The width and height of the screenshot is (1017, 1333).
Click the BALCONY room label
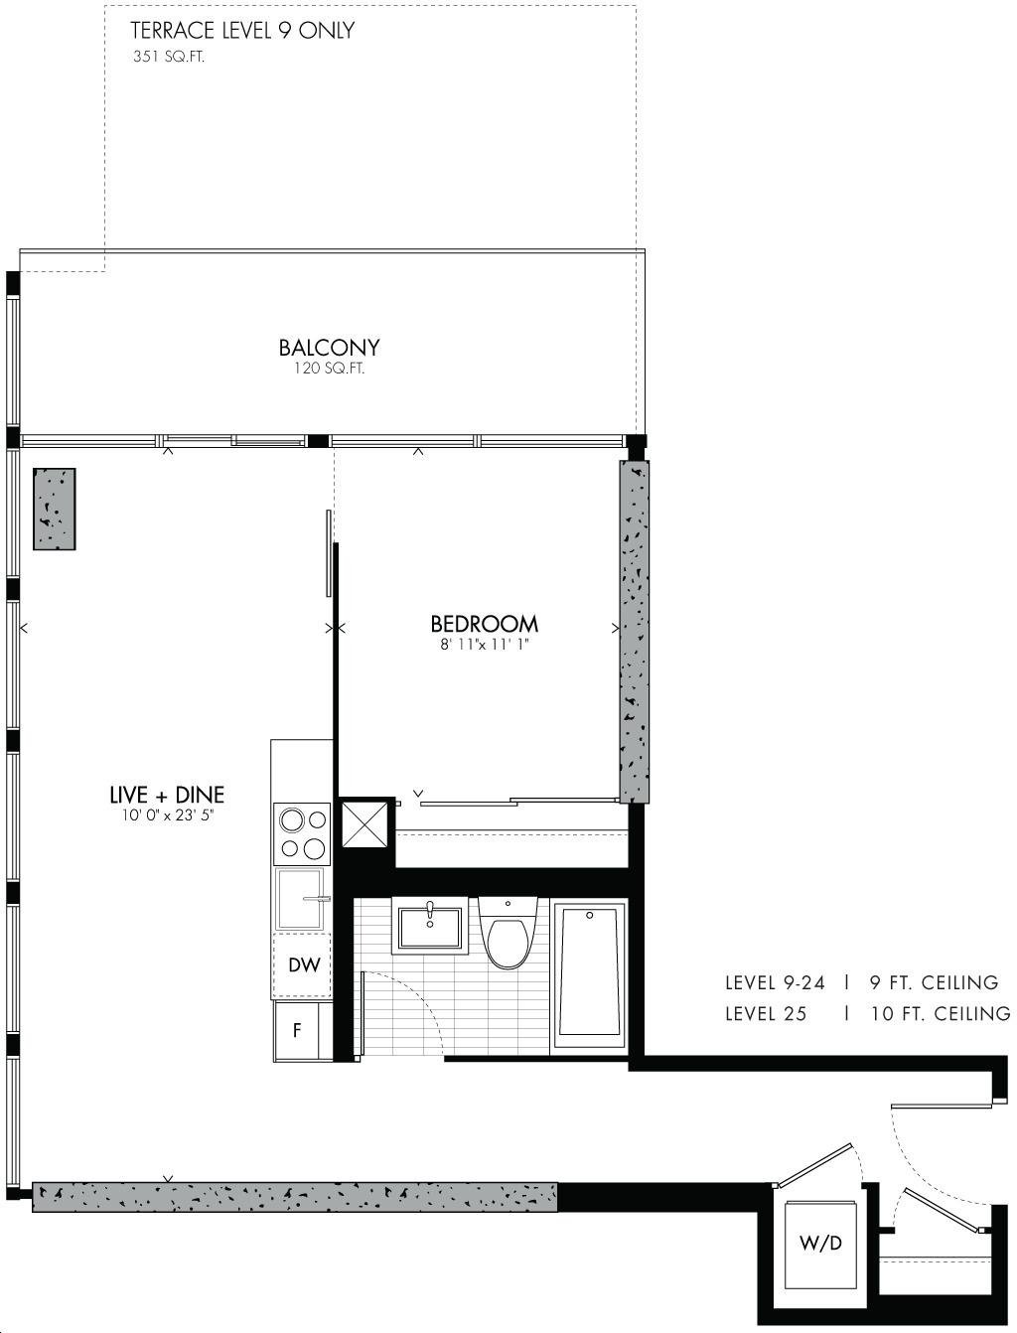click(x=329, y=348)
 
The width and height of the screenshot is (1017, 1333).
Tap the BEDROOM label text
click(x=484, y=625)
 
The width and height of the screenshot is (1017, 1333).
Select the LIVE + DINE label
click(x=167, y=795)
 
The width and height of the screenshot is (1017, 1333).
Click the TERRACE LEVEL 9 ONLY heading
click(x=242, y=31)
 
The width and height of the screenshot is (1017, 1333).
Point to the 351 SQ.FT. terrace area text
click(x=169, y=57)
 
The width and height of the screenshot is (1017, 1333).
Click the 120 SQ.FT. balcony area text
click(x=330, y=369)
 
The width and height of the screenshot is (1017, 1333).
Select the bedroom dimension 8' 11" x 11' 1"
click(x=485, y=645)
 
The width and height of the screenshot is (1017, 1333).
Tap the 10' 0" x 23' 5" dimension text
click(x=168, y=815)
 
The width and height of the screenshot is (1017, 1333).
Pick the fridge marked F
click(x=296, y=1031)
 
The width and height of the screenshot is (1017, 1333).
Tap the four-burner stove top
click(x=302, y=833)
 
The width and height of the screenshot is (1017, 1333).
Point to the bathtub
click(x=589, y=978)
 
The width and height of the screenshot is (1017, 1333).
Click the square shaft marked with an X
click(x=364, y=824)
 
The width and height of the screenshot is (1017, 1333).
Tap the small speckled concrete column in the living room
click(x=55, y=509)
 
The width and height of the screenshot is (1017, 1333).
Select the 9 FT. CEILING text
click(x=934, y=982)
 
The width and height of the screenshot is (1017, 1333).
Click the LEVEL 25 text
click(x=766, y=1013)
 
